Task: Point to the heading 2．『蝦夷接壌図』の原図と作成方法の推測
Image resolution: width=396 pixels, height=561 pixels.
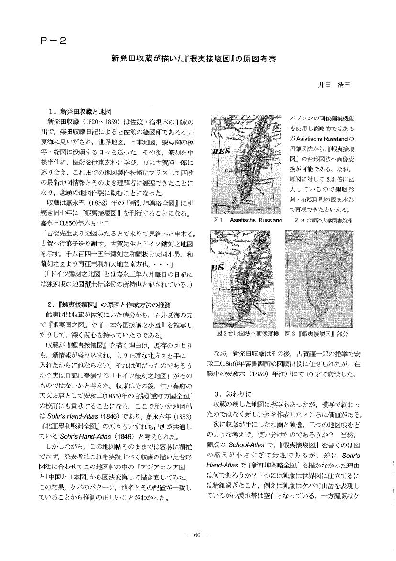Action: click(106, 305)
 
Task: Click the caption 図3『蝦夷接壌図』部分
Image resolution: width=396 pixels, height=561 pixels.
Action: click(316, 333)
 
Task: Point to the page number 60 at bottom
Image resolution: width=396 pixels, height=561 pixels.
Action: click(197, 536)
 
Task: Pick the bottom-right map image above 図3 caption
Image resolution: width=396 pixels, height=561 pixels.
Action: click(318, 279)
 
